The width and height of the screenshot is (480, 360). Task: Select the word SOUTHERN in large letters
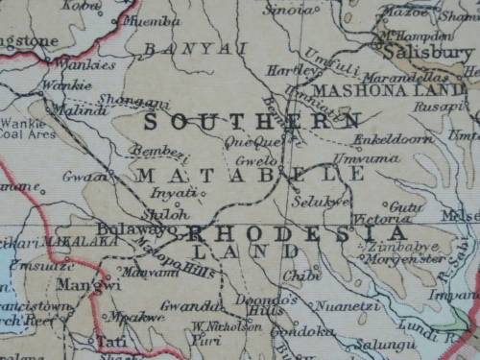[x=252, y=122]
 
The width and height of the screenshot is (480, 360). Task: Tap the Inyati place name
[x=181, y=193]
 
